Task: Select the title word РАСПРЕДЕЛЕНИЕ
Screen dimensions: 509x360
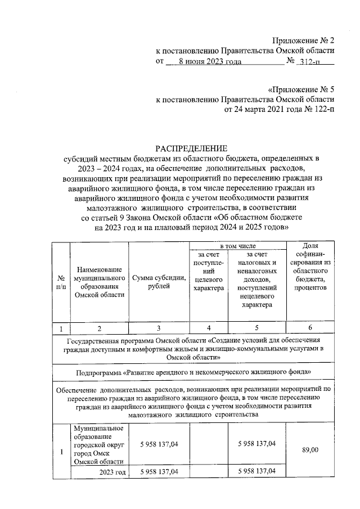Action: (x=192, y=148)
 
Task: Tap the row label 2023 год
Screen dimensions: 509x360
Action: (x=112, y=471)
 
